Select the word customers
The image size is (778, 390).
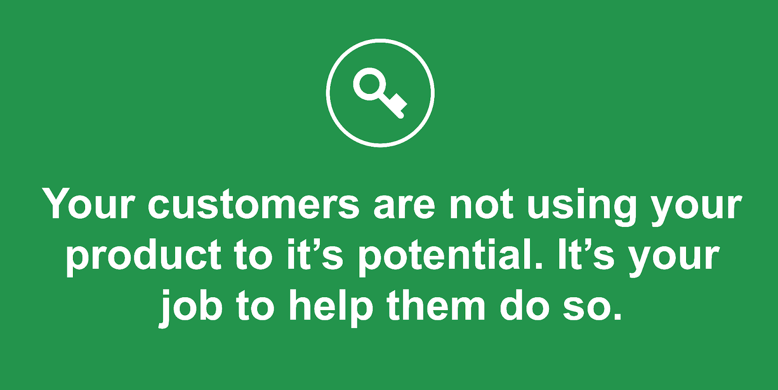[x=253, y=204]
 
